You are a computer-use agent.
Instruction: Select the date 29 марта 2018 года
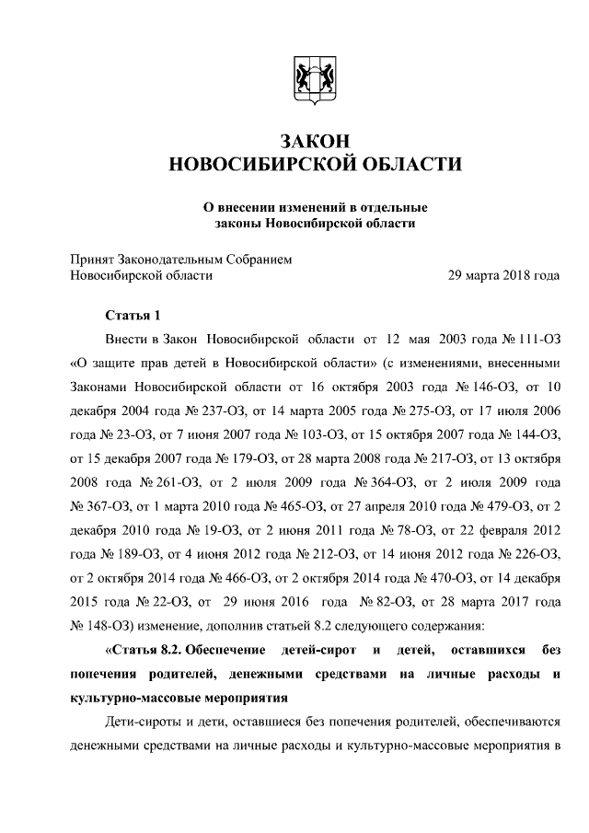pyautogui.click(x=503, y=274)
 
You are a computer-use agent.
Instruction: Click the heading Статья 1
pyautogui.click(x=133, y=315)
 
